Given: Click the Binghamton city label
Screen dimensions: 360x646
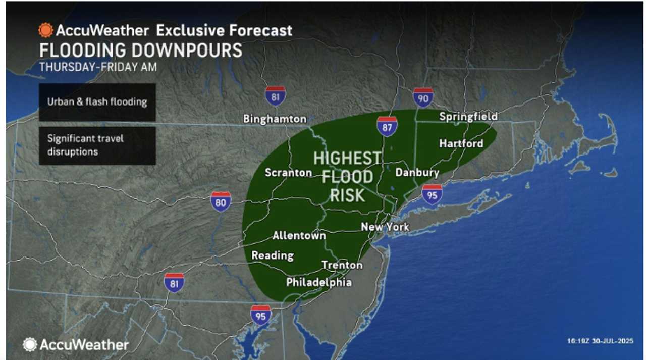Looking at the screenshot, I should (275, 119).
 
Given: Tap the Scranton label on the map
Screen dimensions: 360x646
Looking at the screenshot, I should (288, 173).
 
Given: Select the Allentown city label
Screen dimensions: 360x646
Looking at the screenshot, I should (299, 236).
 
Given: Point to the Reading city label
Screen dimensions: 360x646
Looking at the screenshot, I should (273, 255).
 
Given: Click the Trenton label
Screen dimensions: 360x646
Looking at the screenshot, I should (342, 265).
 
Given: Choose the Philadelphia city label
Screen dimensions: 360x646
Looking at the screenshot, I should (318, 282).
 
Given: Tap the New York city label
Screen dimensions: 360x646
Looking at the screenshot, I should (385, 227).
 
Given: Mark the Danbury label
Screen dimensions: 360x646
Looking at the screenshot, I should (417, 173).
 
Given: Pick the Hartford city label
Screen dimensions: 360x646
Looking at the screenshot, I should (461, 143).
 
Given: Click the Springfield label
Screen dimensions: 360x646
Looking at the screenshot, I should (468, 117).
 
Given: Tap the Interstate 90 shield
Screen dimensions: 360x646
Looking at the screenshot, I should (423, 97).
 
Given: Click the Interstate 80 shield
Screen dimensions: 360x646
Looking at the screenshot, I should (221, 201).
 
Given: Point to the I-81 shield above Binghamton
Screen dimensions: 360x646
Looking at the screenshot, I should (275, 95).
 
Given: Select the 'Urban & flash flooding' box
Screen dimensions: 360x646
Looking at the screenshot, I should (97, 102).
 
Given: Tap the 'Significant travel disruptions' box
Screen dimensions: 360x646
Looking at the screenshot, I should (97, 145).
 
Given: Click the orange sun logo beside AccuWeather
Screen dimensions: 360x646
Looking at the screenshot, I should (45, 30).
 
